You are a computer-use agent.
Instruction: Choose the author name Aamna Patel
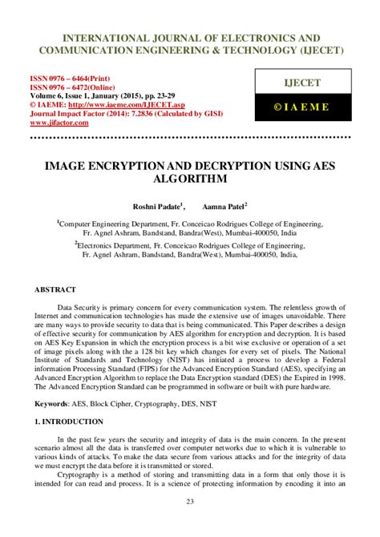coord(228,208)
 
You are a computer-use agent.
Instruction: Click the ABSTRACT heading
coord(55,289)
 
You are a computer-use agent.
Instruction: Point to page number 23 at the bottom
coord(190,524)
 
